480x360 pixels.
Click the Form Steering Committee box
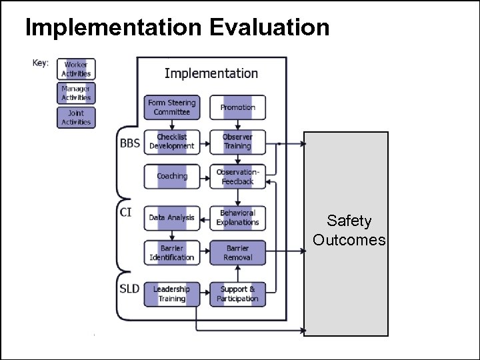click(172, 107)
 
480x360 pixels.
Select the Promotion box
click(238, 107)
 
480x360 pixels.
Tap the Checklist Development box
click(172, 142)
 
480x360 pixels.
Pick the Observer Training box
click(238, 142)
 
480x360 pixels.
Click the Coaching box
click(172, 177)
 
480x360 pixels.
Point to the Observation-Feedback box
click(238, 177)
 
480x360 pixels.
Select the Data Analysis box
click(172, 218)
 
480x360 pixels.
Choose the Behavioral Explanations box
click(238, 218)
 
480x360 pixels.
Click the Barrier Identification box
click(172, 253)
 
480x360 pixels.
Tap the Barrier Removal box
click(238, 253)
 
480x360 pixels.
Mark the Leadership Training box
click(172, 294)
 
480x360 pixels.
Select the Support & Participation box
click(238, 294)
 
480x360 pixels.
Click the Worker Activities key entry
click(76, 69)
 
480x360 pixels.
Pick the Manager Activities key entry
click(76, 93)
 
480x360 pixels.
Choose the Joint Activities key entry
click(76, 117)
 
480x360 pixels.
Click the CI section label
click(125, 213)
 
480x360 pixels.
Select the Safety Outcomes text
click(349, 231)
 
